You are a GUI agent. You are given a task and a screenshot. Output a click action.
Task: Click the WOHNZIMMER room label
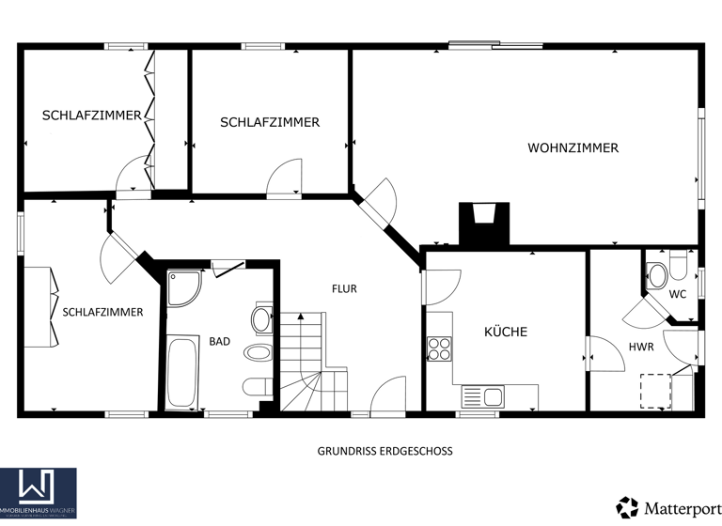click(573, 147)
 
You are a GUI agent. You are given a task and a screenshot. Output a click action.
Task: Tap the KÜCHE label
click(506, 332)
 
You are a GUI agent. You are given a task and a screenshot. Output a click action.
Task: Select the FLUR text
click(343, 288)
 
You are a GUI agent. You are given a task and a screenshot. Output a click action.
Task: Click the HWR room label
click(641, 347)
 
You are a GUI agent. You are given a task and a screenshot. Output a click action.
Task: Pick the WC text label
click(677, 294)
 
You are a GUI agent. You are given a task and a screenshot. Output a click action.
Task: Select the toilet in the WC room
click(658, 274)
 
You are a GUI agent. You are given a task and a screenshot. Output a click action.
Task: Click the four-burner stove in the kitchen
click(439, 348)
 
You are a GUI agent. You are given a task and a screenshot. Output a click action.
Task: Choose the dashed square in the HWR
click(656, 389)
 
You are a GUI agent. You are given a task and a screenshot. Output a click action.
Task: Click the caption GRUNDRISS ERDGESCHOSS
click(385, 451)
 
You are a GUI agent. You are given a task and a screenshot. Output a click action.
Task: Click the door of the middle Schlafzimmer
click(284, 178)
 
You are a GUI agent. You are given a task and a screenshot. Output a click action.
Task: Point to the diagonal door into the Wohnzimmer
click(381, 202)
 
